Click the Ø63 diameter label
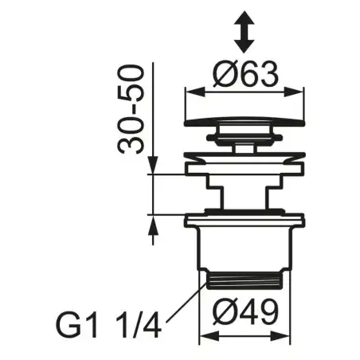tap(246, 74)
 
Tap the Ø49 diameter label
tap(245, 311)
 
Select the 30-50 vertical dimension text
tap(131, 109)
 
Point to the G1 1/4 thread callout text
tap(108, 325)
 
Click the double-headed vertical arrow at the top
tap(244, 32)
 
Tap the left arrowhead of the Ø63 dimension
tap(196, 92)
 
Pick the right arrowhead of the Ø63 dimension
tap(294, 92)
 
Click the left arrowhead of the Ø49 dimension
tap(209, 336)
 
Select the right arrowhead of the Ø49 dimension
tap(280, 336)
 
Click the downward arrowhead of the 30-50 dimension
tap(153, 165)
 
